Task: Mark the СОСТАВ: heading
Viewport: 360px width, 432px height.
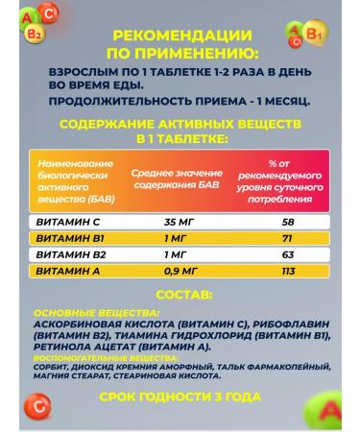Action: (180, 299)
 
